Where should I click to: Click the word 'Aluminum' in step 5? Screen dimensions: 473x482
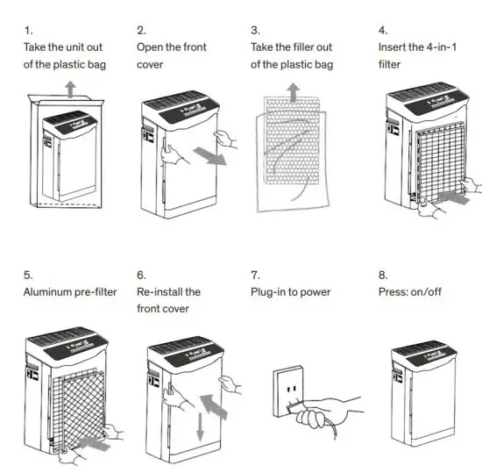(x=49, y=291)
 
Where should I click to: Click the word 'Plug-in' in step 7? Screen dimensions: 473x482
(x=271, y=291)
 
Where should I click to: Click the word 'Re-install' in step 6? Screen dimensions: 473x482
(x=160, y=291)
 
